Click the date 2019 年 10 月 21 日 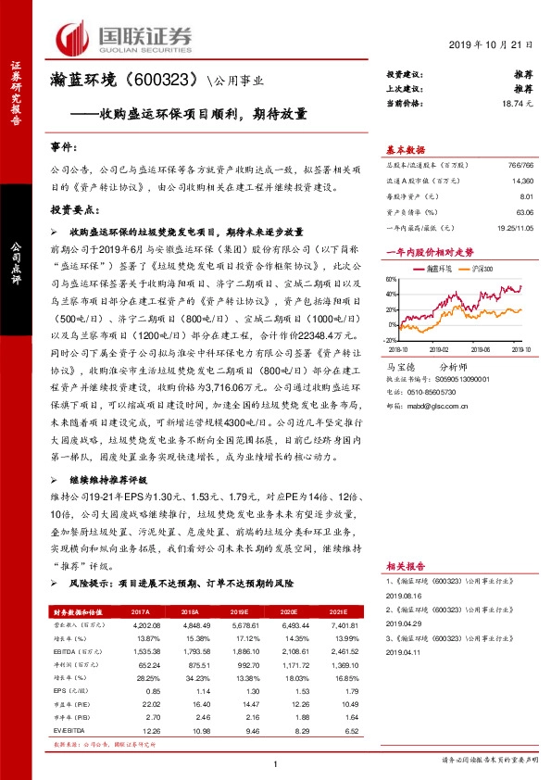pyautogui.click(x=492, y=44)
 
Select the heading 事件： pyautogui.click(x=66, y=148)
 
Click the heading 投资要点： pyautogui.click(x=73, y=210)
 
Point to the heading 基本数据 pyautogui.click(x=405, y=149)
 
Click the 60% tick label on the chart pyautogui.click(x=393, y=279)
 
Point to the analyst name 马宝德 pyautogui.click(x=399, y=368)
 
